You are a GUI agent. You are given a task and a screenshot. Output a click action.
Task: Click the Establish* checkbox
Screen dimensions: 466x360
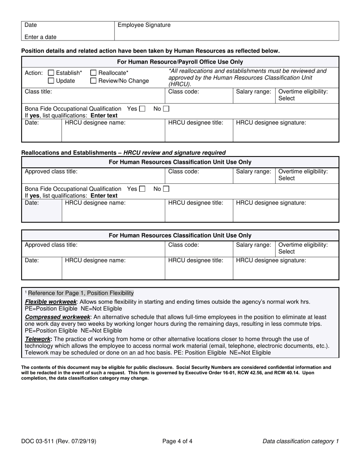pos(51,73)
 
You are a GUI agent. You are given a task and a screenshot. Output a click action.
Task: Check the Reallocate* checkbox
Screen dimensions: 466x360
pos(94,73)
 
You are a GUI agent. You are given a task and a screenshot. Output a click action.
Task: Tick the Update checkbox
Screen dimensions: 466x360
pos(51,81)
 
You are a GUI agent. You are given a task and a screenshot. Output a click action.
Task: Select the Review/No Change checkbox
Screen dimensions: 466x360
pos(94,81)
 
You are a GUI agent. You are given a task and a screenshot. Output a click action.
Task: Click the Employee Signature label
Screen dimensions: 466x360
pos(144,25)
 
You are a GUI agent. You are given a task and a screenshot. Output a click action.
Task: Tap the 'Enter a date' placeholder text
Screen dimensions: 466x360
pos(41,37)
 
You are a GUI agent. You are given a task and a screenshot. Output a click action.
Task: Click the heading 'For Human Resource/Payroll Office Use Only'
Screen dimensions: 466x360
pos(180,62)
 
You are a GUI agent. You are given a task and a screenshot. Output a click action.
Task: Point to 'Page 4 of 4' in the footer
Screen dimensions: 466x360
pos(177,441)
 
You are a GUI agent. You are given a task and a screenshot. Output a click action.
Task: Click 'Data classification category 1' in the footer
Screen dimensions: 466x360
pos(301,441)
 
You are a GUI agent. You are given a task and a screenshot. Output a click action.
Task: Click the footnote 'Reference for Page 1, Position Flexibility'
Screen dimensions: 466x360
pos(80,293)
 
